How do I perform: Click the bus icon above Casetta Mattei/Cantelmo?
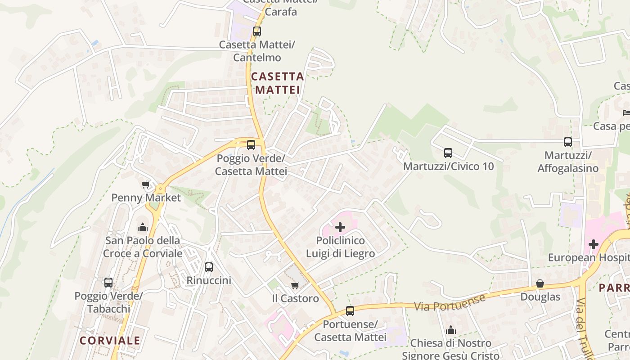point(257,31)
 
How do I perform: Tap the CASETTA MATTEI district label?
point(278,83)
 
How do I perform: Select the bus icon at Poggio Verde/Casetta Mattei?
point(251,145)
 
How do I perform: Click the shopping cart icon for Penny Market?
point(146,184)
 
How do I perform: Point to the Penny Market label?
point(146,198)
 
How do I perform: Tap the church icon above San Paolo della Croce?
point(143,227)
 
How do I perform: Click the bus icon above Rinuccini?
point(209,267)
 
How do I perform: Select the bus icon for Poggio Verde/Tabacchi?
point(108,283)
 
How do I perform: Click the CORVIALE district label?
point(110,341)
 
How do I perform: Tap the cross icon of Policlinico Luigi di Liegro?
point(340,227)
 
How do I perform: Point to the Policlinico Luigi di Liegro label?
point(340,247)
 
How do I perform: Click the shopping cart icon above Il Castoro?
point(295,285)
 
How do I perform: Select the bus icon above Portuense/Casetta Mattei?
point(350,310)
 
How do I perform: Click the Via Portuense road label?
point(450,302)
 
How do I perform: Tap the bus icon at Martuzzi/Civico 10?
point(448,153)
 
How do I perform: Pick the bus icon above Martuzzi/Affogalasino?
point(568,142)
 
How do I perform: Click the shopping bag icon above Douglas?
point(540,283)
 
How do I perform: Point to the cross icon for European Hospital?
point(594,244)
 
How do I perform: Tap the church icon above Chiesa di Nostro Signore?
point(451,330)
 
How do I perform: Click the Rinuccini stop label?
point(209,280)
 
